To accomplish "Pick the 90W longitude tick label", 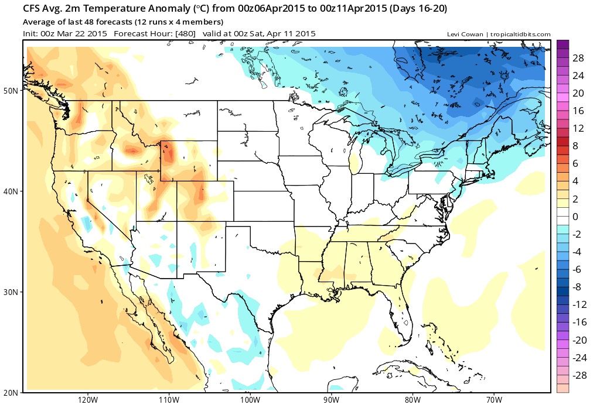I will point(331,400).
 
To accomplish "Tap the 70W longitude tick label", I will point(493,400).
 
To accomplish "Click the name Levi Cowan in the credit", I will point(465,35).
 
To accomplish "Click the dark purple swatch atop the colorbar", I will point(564,44).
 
